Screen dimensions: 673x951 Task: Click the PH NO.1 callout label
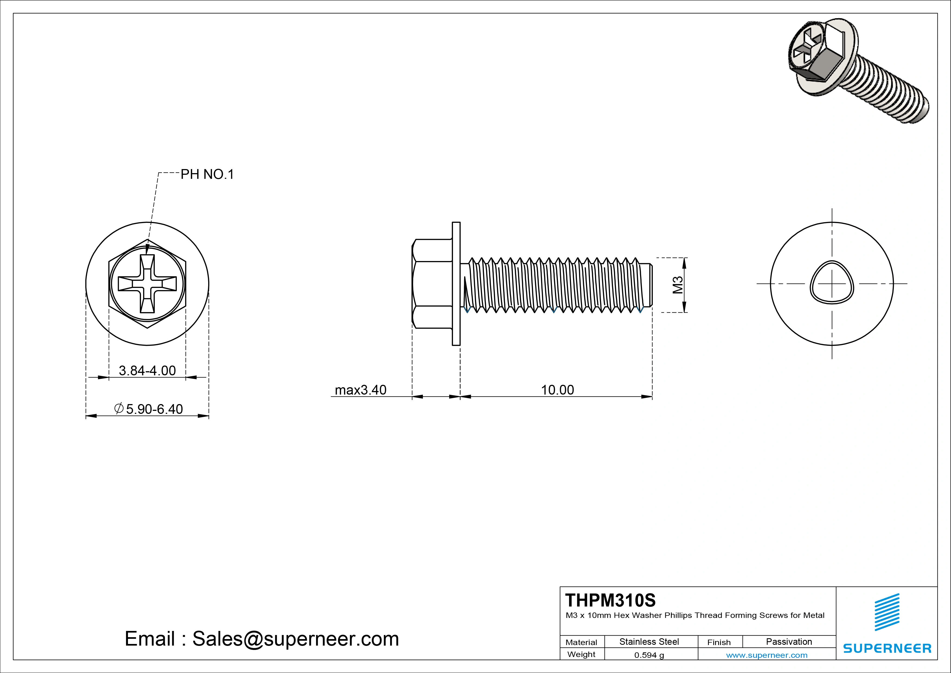point(207,174)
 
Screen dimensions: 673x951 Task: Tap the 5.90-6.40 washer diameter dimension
point(149,409)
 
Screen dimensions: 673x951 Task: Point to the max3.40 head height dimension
point(360,390)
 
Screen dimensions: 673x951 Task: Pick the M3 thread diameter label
point(678,285)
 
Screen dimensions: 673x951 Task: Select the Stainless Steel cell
point(649,642)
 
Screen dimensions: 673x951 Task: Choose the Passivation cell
point(789,642)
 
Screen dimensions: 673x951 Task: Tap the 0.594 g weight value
point(649,655)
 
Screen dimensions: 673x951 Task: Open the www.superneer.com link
point(767,655)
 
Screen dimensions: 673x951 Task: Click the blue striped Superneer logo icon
point(887,612)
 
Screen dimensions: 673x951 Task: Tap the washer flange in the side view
point(456,284)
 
